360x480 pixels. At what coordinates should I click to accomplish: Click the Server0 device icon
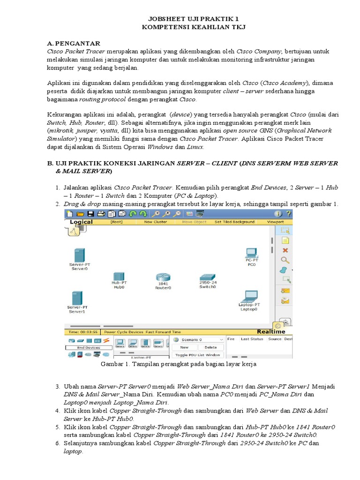(79, 255)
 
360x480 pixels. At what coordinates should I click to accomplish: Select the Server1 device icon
(77, 298)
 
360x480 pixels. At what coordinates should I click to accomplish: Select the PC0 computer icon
(251, 252)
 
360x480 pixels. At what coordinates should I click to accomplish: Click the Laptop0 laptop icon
(249, 296)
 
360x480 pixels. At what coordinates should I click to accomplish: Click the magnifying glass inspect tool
(285, 260)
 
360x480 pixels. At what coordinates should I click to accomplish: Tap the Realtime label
(284, 331)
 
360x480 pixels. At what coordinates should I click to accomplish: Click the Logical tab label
(81, 222)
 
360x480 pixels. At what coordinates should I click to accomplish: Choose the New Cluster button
(155, 222)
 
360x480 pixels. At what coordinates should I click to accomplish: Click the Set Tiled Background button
(234, 222)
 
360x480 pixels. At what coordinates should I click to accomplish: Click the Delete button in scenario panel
(210, 347)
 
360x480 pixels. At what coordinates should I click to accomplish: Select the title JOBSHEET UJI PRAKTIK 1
(180, 19)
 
